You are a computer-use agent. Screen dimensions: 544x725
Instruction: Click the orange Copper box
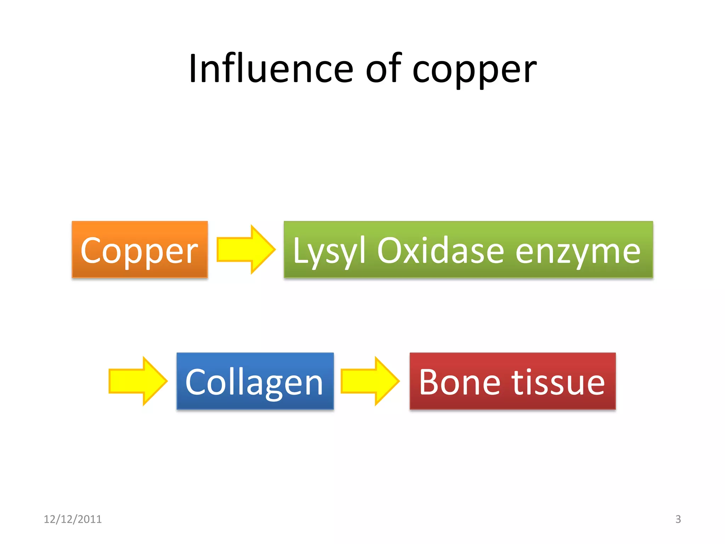click(139, 249)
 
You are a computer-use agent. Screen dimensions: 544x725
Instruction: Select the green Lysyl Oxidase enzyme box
click(468, 249)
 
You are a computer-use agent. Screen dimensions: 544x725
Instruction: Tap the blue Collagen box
click(255, 381)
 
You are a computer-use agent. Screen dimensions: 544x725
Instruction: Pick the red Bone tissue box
click(512, 381)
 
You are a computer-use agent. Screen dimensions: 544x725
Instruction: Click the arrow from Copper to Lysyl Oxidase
click(246, 249)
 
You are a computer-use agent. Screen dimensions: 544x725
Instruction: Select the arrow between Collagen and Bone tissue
click(370, 381)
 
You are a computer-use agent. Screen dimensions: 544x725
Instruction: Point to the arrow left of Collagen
click(138, 381)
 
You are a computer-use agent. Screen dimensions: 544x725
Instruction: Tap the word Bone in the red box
click(459, 382)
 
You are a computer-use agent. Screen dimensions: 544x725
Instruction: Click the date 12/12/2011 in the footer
click(73, 519)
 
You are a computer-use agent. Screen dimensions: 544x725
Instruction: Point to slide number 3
click(678, 519)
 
